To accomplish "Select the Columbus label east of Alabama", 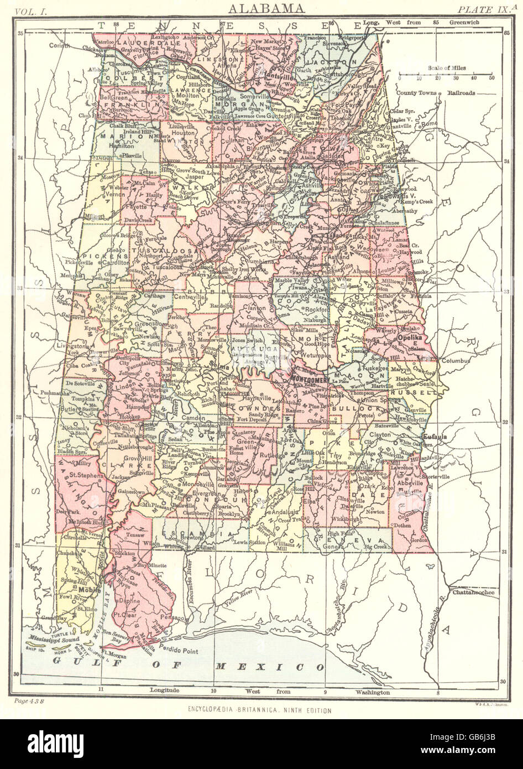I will pos(454,361).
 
